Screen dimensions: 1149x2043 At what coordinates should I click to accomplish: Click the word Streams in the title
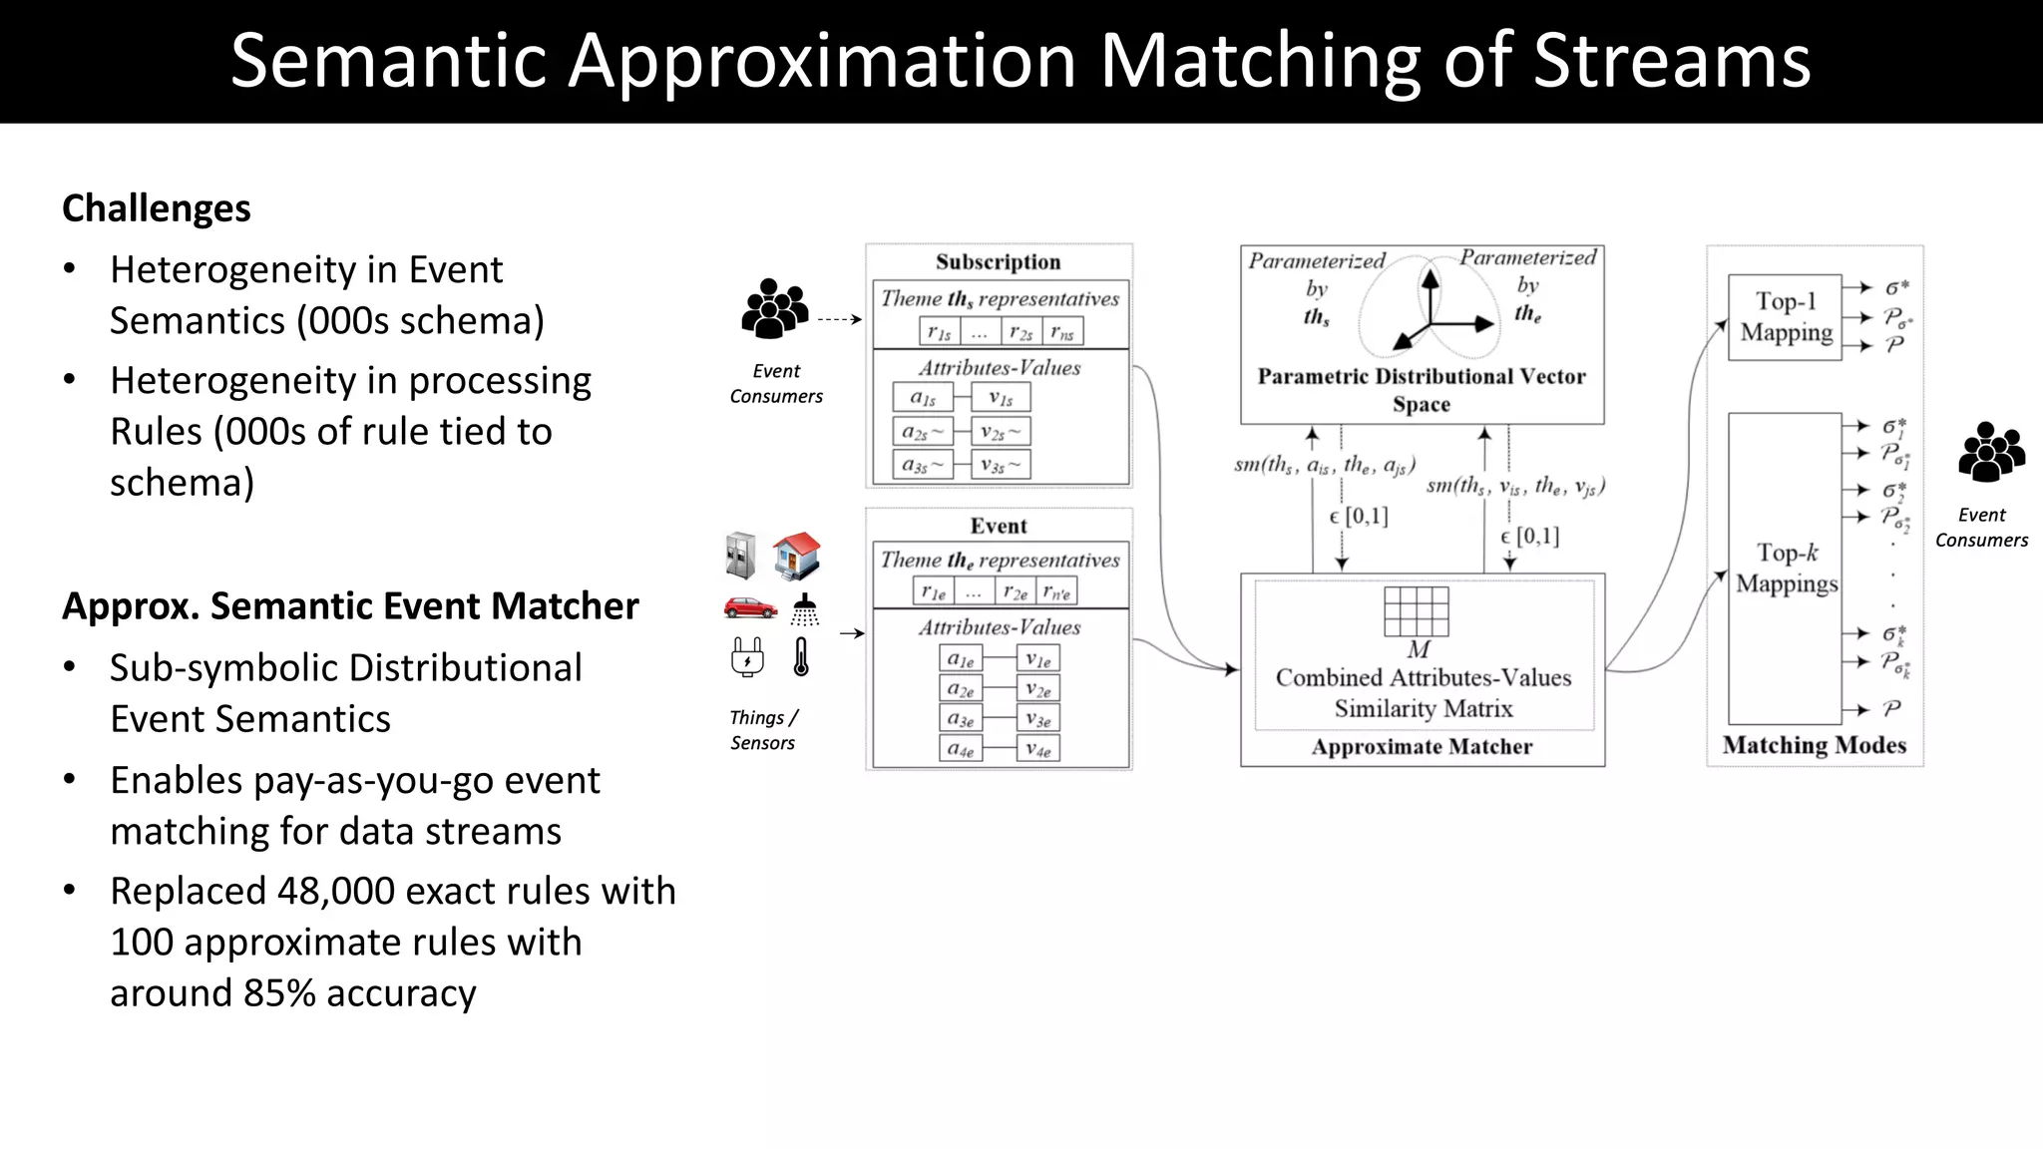coord(1671,62)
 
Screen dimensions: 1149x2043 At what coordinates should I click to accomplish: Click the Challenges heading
coord(157,208)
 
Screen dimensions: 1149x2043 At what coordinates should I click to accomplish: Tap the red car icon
coord(749,607)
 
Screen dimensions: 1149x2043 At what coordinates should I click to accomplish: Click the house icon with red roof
coord(796,556)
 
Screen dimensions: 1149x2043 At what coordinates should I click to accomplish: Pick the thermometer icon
coord(801,657)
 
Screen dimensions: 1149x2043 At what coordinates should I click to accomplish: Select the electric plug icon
coord(747,657)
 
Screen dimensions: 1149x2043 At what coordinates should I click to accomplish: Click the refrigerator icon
coord(740,556)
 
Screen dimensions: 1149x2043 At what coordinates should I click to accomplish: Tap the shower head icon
coord(804,609)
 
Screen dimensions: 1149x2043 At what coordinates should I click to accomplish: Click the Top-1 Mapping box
coord(1785,317)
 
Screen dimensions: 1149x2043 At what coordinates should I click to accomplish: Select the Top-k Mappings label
coord(1786,569)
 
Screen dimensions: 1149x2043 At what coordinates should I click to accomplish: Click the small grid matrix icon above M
coord(1416,610)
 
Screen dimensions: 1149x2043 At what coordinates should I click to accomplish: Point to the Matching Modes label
coord(1814,745)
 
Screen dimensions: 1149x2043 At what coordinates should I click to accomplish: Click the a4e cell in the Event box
coord(961,749)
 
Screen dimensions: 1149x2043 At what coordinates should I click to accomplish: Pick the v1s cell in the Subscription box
coord(1001,398)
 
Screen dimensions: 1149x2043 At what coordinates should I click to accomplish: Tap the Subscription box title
coord(998,262)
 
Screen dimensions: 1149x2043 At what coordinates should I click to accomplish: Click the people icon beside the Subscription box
coord(773,308)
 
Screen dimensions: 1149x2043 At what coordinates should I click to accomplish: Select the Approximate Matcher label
coord(1422,747)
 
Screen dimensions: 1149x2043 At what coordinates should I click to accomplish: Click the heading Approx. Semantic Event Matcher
coord(350,606)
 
